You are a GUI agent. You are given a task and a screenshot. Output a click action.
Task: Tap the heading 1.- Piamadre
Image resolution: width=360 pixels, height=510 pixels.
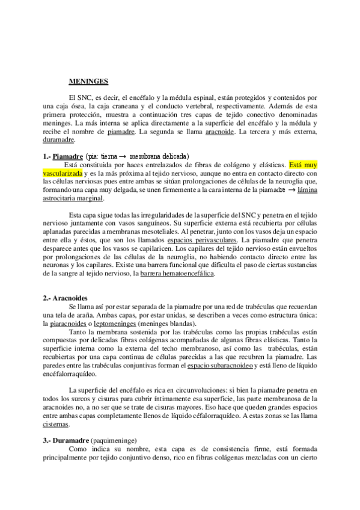pyautogui.click(x=64, y=155)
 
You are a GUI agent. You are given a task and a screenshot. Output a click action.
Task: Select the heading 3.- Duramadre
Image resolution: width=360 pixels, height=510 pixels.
pyautogui.click(x=66, y=439)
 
